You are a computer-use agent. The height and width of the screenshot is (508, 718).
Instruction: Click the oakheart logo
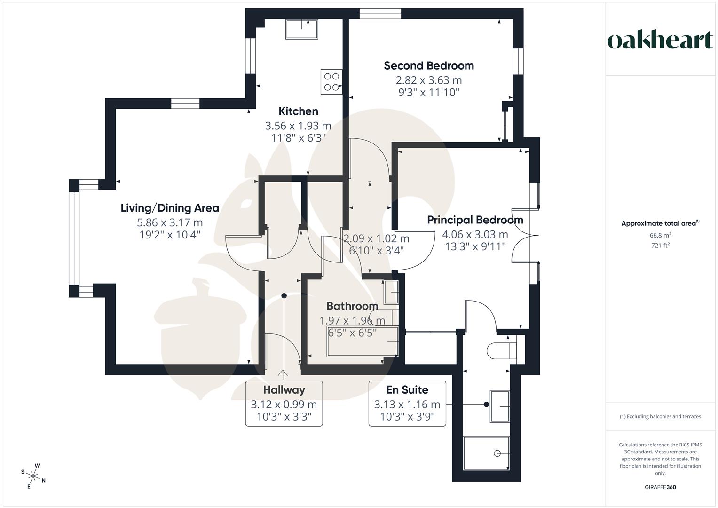[x=660, y=40]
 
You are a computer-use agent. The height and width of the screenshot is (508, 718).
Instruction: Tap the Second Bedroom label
[x=428, y=66]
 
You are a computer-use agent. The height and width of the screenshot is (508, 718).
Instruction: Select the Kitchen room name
[x=298, y=111]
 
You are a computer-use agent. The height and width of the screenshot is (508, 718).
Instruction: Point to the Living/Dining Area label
[x=170, y=208]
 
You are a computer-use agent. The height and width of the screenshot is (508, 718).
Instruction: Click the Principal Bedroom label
[x=475, y=220]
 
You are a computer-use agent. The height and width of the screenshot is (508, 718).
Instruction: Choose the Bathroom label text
[x=352, y=306]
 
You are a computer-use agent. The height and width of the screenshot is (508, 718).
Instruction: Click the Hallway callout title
[x=284, y=390]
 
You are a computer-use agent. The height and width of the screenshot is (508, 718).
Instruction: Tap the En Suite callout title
[x=407, y=390]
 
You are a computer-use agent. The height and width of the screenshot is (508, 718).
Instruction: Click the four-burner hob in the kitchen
[x=331, y=81]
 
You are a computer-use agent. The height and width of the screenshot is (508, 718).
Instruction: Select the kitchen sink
[x=301, y=29]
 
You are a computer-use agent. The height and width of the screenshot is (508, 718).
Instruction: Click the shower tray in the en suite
[x=486, y=453]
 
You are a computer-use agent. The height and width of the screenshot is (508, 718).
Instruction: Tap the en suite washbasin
[x=499, y=405]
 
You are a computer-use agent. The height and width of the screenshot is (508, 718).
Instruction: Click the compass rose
[x=33, y=476]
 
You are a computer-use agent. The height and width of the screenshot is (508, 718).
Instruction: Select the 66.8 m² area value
[x=660, y=235]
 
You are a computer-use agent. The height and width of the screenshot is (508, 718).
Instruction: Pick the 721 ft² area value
[x=660, y=246]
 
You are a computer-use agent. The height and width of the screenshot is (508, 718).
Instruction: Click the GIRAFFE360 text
[x=660, y=487]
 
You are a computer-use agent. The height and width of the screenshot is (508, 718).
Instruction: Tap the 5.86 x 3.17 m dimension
[x=170, y=222]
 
